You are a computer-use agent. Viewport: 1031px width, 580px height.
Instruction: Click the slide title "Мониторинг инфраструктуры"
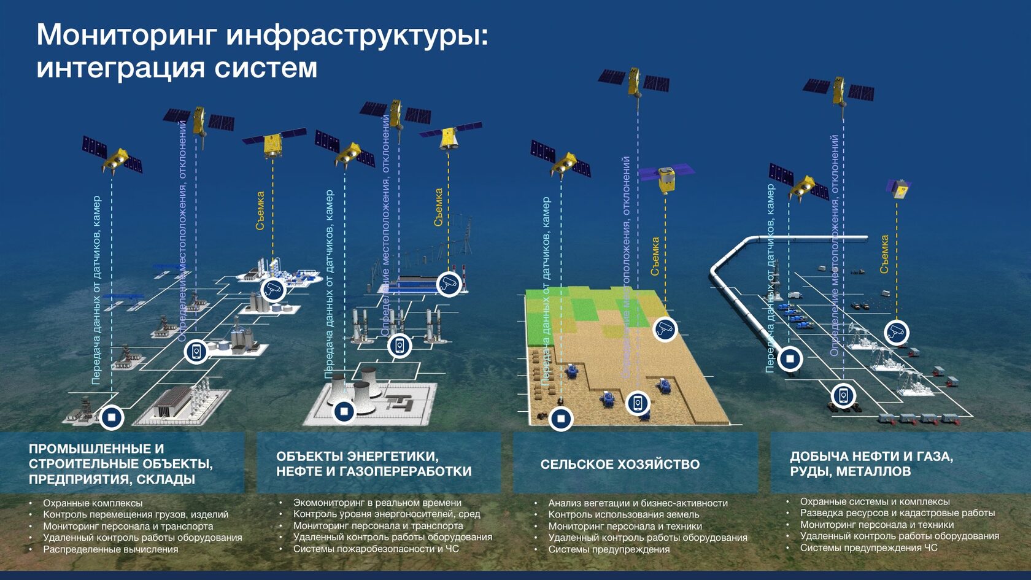tap(262, 34)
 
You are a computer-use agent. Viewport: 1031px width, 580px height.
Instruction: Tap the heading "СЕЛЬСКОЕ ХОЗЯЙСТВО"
tap(620, 465)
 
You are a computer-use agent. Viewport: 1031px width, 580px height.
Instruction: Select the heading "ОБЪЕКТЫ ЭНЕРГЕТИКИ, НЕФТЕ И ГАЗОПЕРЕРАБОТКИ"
tap(374, 464)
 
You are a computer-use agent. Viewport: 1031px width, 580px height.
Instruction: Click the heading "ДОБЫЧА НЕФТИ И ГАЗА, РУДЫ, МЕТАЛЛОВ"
tap(871, 464)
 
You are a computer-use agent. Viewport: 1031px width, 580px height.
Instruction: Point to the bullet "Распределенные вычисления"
tap(110, 549)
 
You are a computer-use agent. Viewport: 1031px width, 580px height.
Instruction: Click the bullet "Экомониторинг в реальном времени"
tap(377, 503)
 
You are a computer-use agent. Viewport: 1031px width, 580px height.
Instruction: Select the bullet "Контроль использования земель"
tap(624, 514)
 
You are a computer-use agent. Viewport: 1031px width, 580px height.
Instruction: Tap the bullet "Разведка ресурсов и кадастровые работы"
tap(897, 513)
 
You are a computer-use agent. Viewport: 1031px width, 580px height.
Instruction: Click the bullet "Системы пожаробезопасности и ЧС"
tap(376, 549)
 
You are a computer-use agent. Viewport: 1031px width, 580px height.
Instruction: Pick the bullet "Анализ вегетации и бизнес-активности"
tap(638, 503)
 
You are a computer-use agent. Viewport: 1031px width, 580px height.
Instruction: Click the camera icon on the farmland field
tap(664, 329)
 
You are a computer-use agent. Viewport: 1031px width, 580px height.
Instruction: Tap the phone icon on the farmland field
tap(638, 403)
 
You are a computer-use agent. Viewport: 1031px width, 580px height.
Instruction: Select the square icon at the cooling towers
tap(344, 411)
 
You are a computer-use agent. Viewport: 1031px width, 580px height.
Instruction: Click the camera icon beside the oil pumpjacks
tap(897, 332)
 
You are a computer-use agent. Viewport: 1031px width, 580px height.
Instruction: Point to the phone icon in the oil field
tap(843, 395)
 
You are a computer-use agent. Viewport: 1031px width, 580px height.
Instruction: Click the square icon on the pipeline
tap(790, 358)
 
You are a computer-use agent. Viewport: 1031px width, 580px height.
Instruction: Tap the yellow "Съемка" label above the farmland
tap(655, 256)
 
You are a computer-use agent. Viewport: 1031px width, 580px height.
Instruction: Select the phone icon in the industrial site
tap(196, 351)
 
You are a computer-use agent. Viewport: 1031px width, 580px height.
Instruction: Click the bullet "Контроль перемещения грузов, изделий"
tap(135, 514)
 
